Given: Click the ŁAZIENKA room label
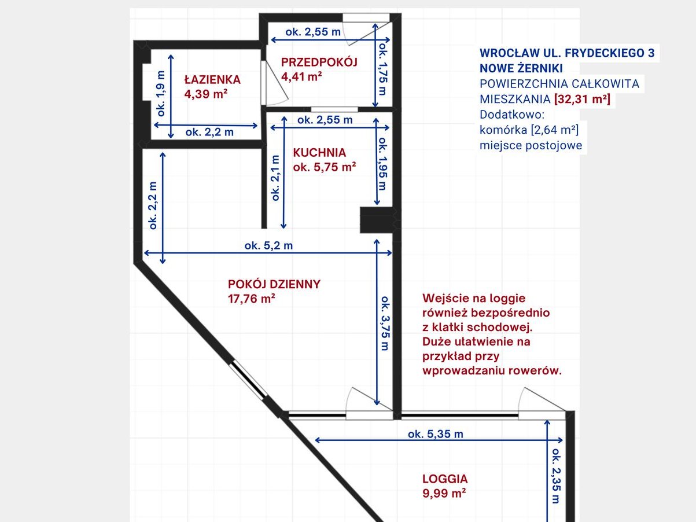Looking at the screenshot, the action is click(212, 79).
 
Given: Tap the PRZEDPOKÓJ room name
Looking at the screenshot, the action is click(319, 62).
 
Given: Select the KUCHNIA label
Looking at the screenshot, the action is click(319, 153).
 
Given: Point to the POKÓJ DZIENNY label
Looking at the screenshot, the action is click(274, 284).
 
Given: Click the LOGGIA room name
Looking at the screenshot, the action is click(445, 479).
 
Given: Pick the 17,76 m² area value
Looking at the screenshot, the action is click(252, 299).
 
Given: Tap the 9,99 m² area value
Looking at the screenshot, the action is click(444, 493).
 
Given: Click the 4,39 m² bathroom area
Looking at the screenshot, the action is click(206, 94).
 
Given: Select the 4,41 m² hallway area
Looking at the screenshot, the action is click(301, 76).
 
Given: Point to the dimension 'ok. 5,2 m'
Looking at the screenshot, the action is click(268, 245).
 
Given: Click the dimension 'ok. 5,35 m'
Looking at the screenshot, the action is click(435, 434).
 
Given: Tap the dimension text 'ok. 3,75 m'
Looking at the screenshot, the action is click(385, 323).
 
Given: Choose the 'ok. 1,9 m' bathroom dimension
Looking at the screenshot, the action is click(161, 93).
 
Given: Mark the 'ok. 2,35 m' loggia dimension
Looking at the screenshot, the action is click(556, 476).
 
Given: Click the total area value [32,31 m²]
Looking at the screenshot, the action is click(582, 99).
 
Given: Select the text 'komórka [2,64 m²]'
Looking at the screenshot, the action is click(529, 130).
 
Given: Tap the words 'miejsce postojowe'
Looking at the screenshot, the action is click(531, 145).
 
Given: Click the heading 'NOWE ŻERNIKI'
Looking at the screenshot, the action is click(521, 68).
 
